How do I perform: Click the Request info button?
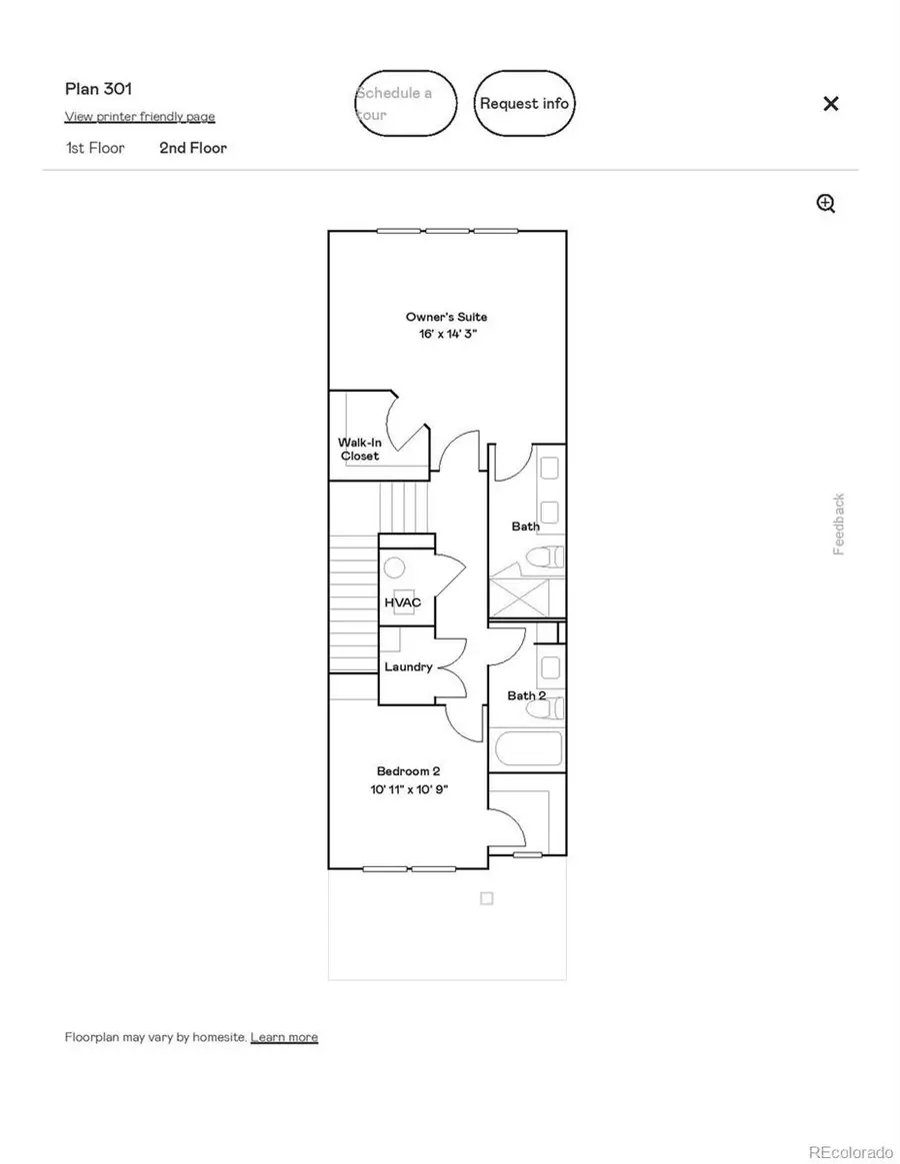click(x=524, y=103)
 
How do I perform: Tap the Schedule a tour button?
click(x=406, y=103)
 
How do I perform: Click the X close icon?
click(x=830, y=104)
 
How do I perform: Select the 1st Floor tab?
click(x=95, y=148)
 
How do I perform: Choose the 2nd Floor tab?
click(x=193, y=148)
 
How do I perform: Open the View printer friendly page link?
click(x=140, y=117)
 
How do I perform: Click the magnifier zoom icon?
click(x=826, y=204)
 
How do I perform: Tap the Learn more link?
click(x=284, y=1037)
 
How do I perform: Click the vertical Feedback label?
click(x=839, y=524)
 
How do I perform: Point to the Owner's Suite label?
click(x=447, y=317)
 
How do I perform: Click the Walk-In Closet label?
click(x=358, y=449)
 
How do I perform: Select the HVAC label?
click(x=403, y=602)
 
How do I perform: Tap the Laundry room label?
click(x=408, y=666)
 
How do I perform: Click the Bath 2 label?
click(x=526, y=695)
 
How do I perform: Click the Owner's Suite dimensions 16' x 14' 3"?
click(x=447, y=335)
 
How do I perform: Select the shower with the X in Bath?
click(x=526, y=596)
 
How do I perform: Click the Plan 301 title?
click(x=98, y=89)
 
